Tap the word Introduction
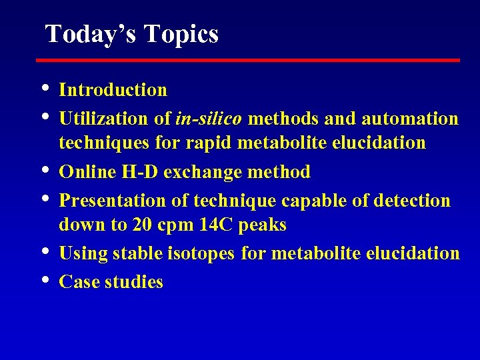coord(113,89)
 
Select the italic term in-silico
coord(209,119)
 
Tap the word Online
coord(84,172)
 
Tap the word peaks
coord(263,225)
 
